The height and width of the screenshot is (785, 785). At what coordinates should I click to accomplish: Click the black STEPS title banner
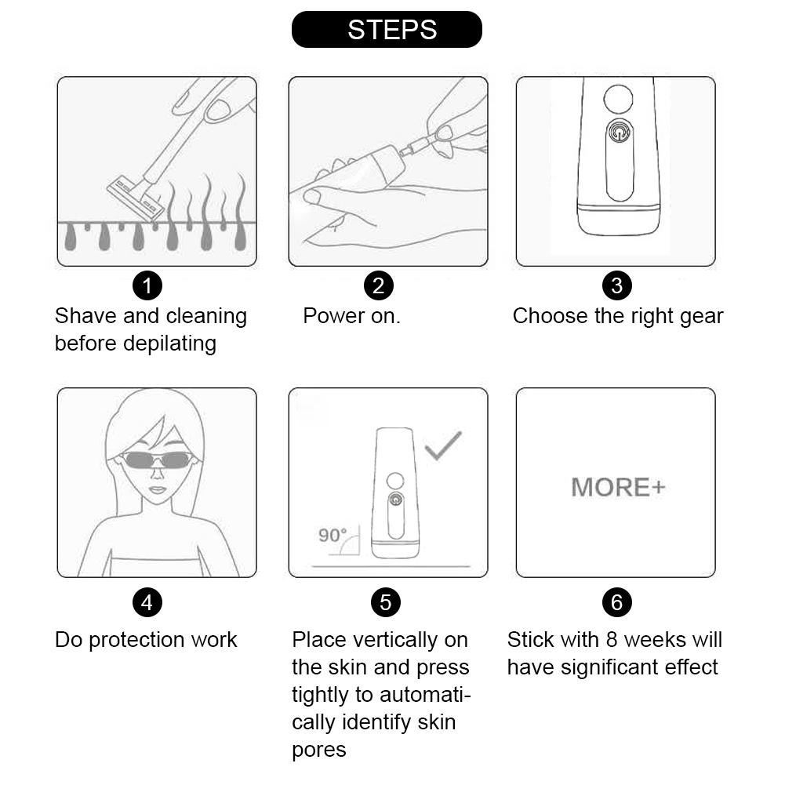click(387, 30)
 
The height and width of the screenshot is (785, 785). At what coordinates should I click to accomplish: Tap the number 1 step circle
click(147, 285)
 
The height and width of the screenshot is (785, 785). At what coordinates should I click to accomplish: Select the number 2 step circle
click(379, 285)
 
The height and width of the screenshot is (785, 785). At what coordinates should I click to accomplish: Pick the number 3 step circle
click(616, 285)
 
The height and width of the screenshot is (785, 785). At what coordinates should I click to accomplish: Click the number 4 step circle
click(147, 602)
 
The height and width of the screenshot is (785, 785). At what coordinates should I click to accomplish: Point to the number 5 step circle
click(386, 602)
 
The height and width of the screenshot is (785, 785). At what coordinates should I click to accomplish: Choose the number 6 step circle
click(616, 602)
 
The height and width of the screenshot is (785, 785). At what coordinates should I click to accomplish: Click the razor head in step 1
click(136, 198)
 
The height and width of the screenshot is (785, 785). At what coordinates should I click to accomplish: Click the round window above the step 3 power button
click(618, 99)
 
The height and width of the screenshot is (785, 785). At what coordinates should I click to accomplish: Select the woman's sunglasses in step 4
click(157, 460)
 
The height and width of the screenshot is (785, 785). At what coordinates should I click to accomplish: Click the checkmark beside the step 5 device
click(443, 445)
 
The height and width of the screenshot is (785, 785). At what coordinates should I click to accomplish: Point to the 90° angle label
click(333, 535)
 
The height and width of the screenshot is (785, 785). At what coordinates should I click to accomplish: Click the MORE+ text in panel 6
click(618, 487)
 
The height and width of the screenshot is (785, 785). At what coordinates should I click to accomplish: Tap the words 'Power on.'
click(351, 316)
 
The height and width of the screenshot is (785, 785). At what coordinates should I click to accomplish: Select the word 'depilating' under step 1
click(169, 344)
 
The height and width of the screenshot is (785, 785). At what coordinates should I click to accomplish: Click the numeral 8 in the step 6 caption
click(611, 640)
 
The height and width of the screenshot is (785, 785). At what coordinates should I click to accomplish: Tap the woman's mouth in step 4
click(157, 489)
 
